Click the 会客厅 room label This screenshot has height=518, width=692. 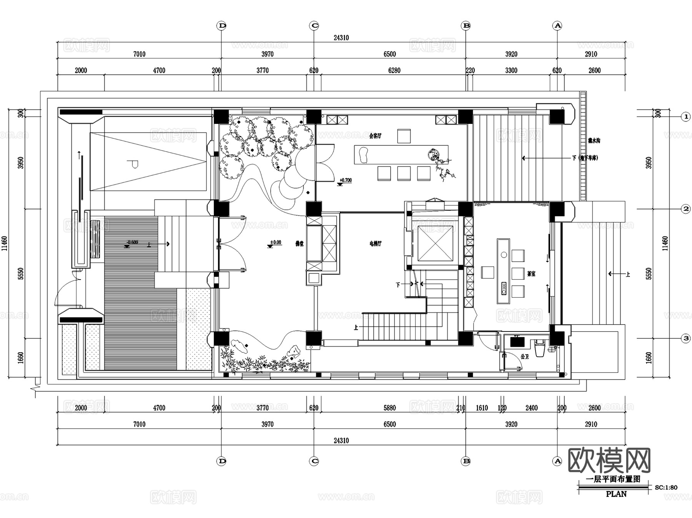pyautogui.click(x=375, y=136)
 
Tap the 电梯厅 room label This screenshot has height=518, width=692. pyautogui.click(x=375, y=243)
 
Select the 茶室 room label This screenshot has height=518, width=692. pyautogui.click(x=531, y=274)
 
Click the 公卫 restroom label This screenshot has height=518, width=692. pyautogui.click(x=525, y=356)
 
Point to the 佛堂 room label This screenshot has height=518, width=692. pyautogui.click(x=299, y=243)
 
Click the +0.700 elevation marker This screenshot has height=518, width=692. pyautogui.click(x=345, y=180)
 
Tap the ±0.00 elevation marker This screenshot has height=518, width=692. pyautogui.click(x=275, y=243)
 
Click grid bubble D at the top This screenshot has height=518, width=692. pyautogui.click(x=222, y=26)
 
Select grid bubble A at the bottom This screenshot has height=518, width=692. pyautogui.click(x=557, y=461)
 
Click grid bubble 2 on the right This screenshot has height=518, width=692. pyautogui.click(x=685, y=209)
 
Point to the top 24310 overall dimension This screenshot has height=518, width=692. pyautogui.click(x=341, y=38)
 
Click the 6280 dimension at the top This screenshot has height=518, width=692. pyautogui.click(x=394, y=70)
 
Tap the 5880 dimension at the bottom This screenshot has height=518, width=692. pyautogui.click(x=389, y=408)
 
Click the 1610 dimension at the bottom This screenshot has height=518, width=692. pyautogui.click(x=482, y=408)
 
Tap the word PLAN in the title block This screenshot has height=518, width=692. pyautogui.click(x=616, y=494)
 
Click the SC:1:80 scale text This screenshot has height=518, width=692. pyautogui.click(x=666, y=487)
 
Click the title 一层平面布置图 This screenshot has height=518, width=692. pyautogui.click(x=613, y=479)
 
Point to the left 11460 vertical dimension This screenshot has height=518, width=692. pyautogui.click(x=5, y=243)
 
